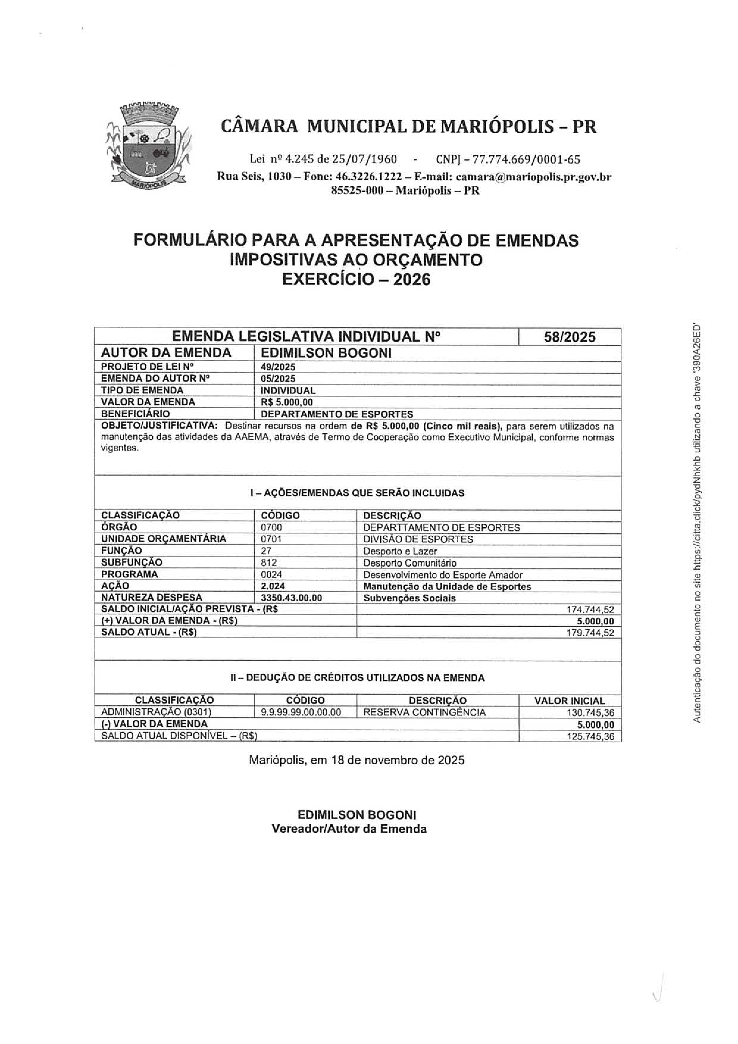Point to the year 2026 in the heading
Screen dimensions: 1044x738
412,279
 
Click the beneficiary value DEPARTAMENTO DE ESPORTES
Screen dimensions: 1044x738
337,414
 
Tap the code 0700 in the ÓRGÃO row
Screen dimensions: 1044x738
271,527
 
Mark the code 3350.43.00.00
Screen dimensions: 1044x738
291,598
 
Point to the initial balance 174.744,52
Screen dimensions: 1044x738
590,610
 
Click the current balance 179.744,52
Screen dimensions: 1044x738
590,633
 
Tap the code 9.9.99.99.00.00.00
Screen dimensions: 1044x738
301,712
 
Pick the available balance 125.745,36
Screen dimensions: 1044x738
590,736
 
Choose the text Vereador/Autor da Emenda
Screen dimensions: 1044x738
349,829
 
